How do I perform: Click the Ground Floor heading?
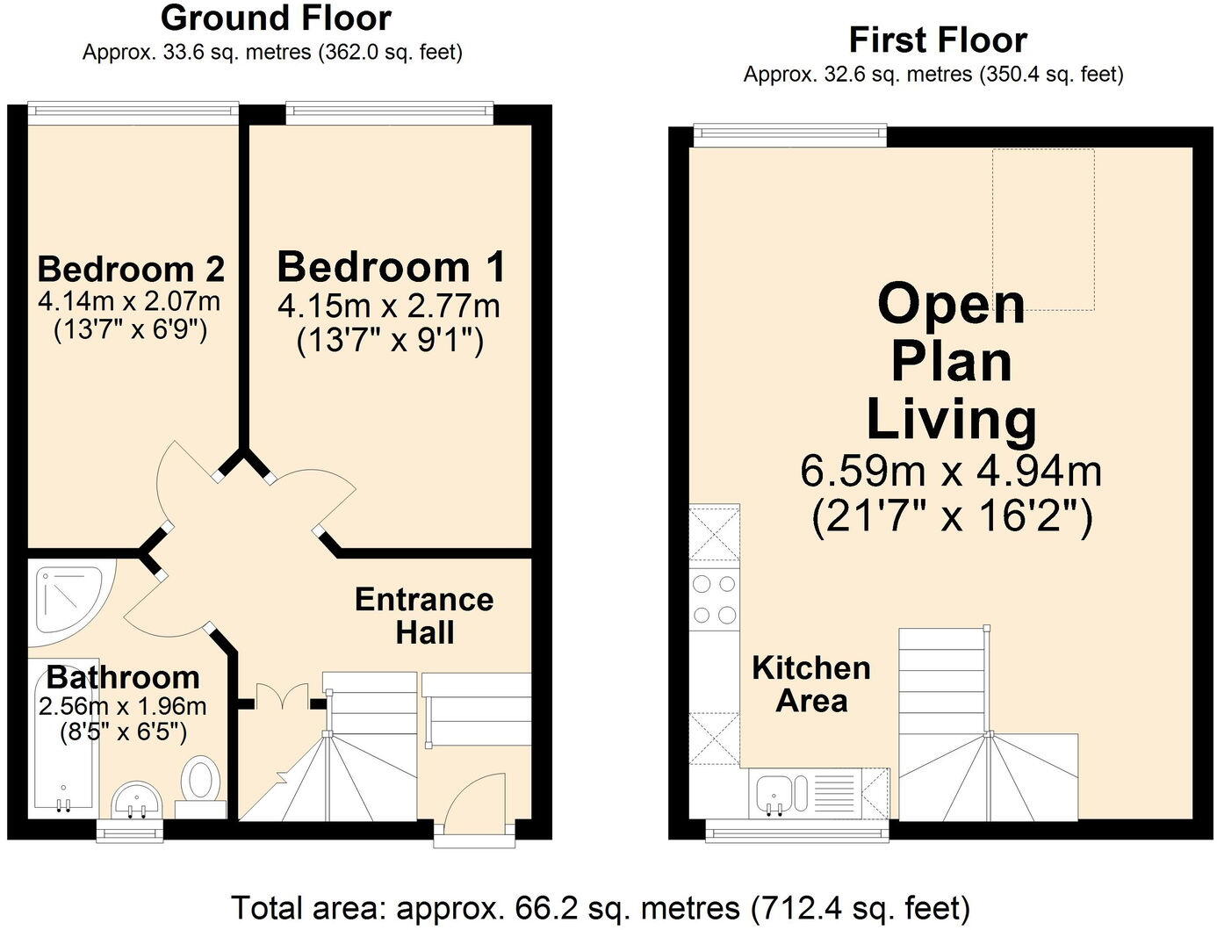[x=275, y=18]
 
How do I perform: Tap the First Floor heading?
[x=937, y=40]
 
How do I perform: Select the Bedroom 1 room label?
[x=392, y=267]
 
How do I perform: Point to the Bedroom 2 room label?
[x=131, y=269]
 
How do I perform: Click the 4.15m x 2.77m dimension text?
[x=389, y=306]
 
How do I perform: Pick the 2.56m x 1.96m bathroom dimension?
[x=123, y=706]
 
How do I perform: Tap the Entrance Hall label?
[x=424, y=616]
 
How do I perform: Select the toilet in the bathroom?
[x=201, y=779]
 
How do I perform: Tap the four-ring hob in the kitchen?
[x=714, y=599]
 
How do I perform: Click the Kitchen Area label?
[x=811, y=684]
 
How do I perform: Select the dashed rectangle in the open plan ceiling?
[x=1043, y=229]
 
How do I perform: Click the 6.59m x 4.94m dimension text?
[x=951, y=472]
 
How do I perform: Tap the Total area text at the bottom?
[x=601, y=906]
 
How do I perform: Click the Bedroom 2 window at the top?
[x=133, y=110]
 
